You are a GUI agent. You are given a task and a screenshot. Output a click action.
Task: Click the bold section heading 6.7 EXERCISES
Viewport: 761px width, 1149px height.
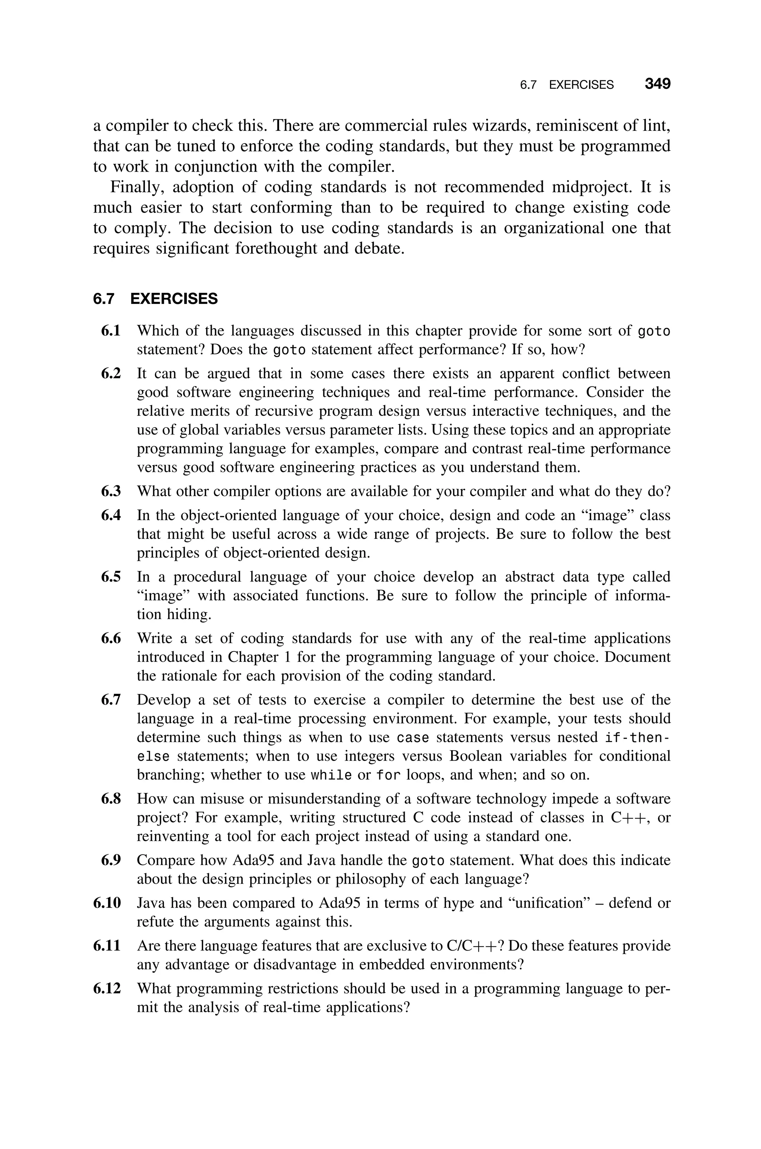tap(155, 299)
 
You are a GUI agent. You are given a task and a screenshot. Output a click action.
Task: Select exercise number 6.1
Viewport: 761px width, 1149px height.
tap(111, 331)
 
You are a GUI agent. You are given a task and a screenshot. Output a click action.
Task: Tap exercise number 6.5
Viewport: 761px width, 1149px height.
tap(111, 577)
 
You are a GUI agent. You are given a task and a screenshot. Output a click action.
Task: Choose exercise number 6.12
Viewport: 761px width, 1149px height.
tap(107, 988)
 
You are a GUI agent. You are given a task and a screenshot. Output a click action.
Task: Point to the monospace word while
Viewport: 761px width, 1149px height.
tap(331, 776)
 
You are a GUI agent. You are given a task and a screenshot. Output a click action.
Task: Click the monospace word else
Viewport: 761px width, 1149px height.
tap(153, 757)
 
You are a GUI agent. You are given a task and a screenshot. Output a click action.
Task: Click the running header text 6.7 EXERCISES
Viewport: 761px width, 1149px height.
tap(566, 85)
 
